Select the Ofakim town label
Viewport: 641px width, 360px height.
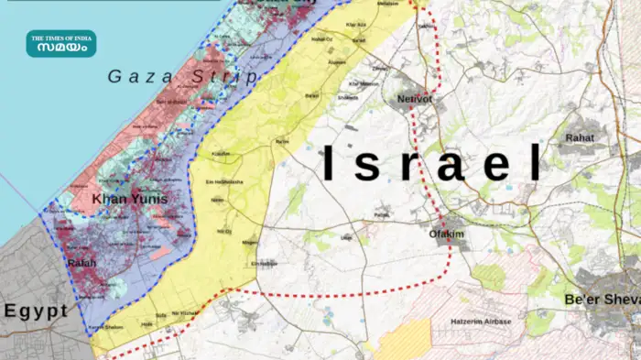coord(448,234)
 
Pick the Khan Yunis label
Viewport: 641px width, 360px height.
coord(122,198)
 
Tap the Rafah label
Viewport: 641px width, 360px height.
coord(81,264)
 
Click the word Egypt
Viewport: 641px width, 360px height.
coord(36,311)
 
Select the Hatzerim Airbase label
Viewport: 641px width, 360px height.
coord(482,322)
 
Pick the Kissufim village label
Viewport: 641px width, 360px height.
coord(221,154)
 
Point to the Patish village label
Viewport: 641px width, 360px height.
coord(382,216)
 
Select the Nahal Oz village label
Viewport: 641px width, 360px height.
coord(321,39)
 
